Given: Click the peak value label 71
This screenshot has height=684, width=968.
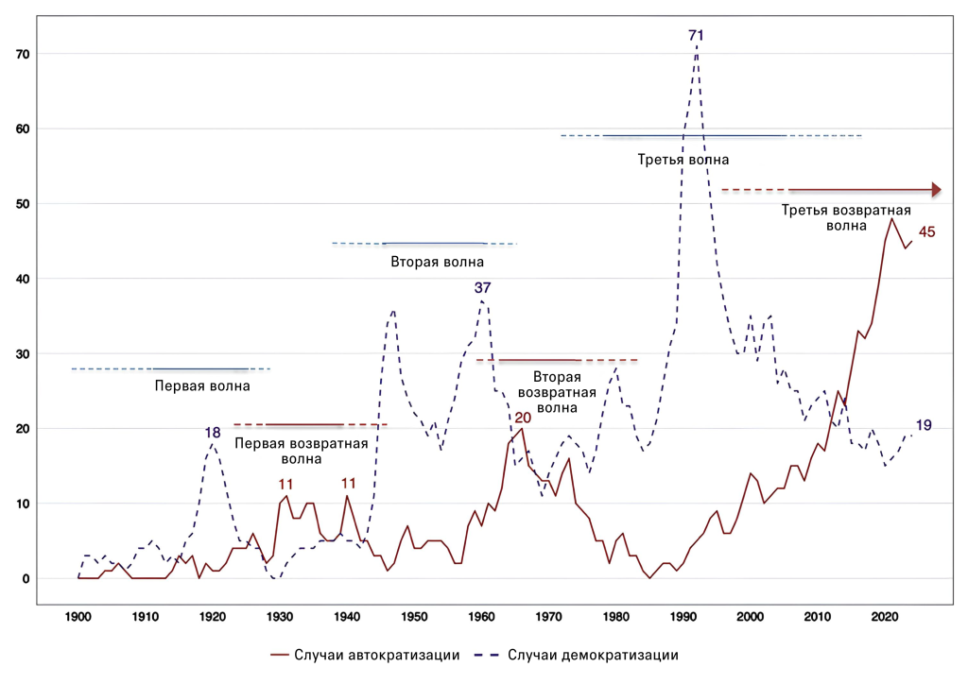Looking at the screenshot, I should pyautogui.click(x=697, y=36).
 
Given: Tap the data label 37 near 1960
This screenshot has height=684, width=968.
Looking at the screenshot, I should pyautogui.click(x=483, y=287).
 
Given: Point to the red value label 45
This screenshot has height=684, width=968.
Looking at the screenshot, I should pyautogui.click(x=926, y=231).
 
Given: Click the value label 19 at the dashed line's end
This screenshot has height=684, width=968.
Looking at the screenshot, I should pyautogui.click(x=924, y=425).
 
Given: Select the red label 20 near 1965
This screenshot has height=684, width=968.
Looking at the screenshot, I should pyautogui.click(x=523, y=418).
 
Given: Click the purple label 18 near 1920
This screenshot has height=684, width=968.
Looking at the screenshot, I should pyautogui.click(x=213, y=433).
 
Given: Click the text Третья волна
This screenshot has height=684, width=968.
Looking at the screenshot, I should pyautogui.click(x=683, y=160).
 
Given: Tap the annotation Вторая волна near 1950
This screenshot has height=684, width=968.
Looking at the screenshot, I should pyautogui.click(x=424, y=262).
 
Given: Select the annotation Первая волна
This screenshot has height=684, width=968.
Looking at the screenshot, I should pyautogui.click(x=202, y=385).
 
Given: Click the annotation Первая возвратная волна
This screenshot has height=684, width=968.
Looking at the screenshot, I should pyautogui.click(x=288, y=450).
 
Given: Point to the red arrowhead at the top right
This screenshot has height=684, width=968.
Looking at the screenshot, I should pyautogui.click(x=937, y=190).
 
